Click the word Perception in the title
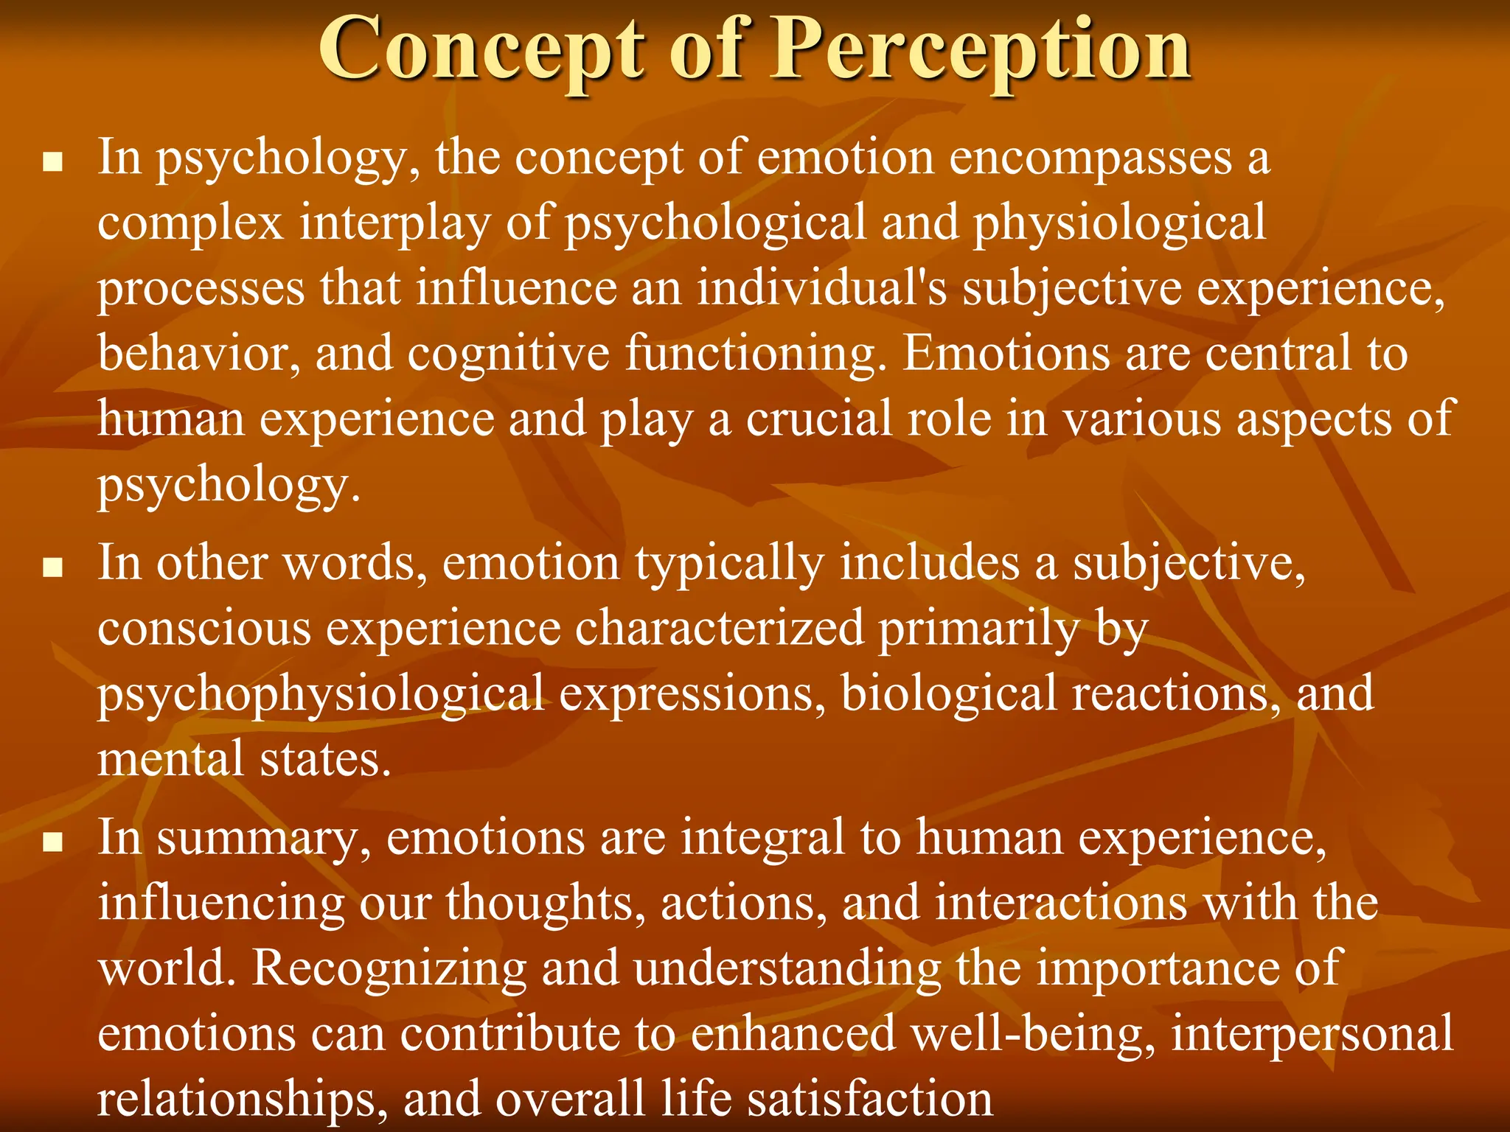tap(980, 50)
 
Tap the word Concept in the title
tap(481, 50)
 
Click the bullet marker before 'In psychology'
tap(52, 162)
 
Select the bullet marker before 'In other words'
tap(52, 568)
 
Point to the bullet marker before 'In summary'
tap(52, 842)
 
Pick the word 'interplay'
tap(394, 223)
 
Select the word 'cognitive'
tap(509, 354)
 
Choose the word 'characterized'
tap(719, 629)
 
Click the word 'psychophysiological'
tap(321, 695)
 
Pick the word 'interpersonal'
tap(1312, 1034)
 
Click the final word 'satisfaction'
tap(869, 1098)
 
